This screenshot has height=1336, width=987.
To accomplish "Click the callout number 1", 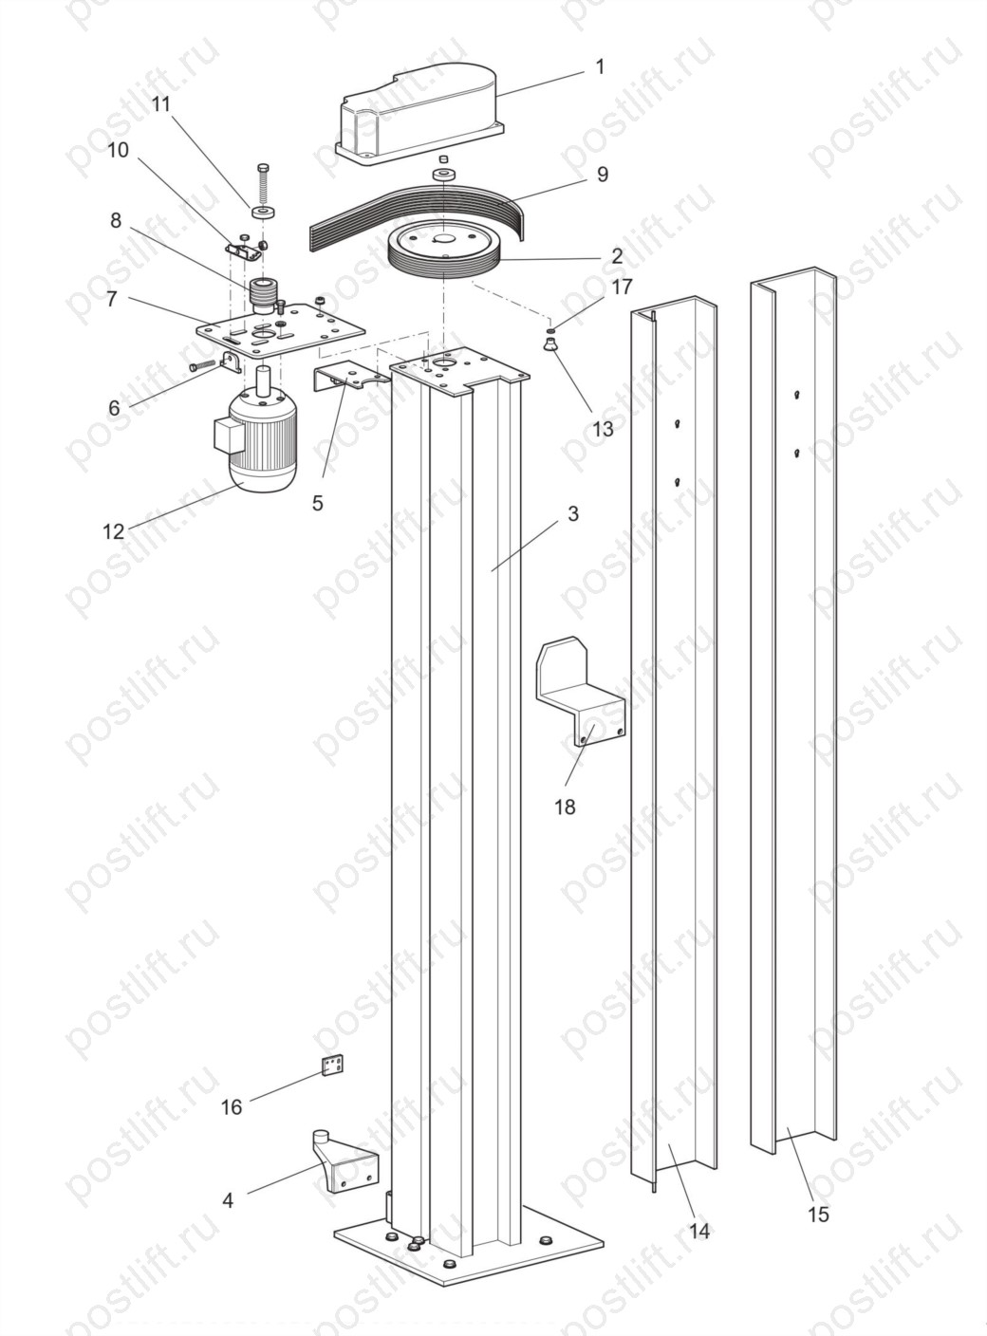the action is (x=599, y=66).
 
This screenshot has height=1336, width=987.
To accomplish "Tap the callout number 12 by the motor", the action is (x=114, y=531).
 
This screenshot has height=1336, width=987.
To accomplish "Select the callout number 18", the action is (x=566, y=806).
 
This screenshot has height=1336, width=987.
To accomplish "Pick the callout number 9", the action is (x=602, y=174).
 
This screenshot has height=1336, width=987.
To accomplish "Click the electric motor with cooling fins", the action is (x=256, y=435).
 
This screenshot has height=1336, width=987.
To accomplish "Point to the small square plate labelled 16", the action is (x=334, y=1066).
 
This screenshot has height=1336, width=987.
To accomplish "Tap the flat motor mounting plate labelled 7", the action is (x=281, y=332).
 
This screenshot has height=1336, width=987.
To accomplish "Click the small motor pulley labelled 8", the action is (x=262, y=295).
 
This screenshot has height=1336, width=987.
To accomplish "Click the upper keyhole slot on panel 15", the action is (x=797, y=395).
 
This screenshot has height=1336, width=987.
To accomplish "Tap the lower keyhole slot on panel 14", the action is (x=678, y=482).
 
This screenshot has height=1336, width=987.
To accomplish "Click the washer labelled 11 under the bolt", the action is (x=263, y=212).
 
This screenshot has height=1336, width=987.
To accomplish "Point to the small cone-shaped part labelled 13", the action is (x=549, y=345).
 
